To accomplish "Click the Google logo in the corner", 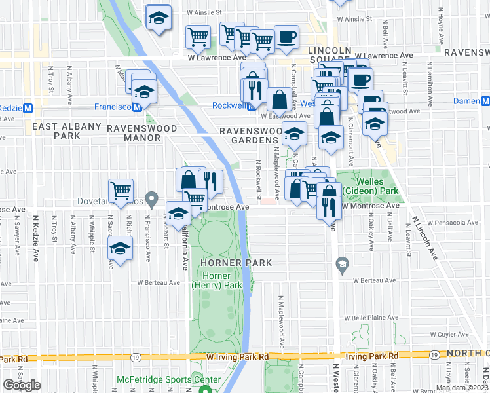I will [x=22, y=385].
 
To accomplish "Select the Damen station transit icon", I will [x=485, y=102].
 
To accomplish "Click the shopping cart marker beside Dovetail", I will [x=121, y=191].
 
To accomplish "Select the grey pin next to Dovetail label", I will [x=152, y=196].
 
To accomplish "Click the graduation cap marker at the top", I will [x=158, y=19].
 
